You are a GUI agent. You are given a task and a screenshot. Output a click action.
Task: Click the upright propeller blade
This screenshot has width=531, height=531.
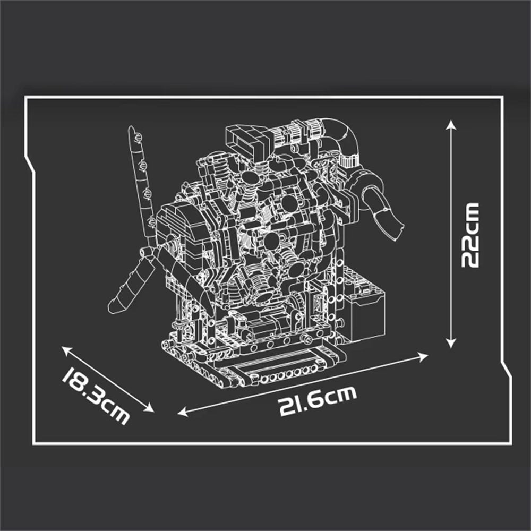140,181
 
